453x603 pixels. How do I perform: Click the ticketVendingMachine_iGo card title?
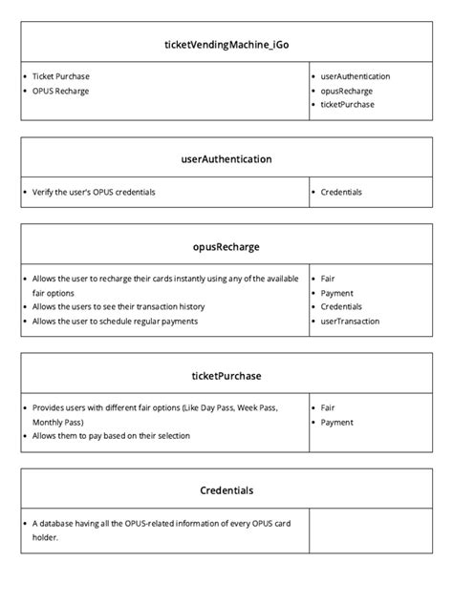[x=226, y=44]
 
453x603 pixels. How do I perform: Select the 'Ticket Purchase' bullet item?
[x=61, y=75]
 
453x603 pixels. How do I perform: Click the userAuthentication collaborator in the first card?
[x=355, y=75]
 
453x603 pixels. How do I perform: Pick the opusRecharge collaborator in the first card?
[x=347, y=90]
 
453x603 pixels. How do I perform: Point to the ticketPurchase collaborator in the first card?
[x=348, y=104]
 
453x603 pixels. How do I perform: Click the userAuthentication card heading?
[x=226, y=159]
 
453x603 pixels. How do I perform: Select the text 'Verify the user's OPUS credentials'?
[x=94, y=192]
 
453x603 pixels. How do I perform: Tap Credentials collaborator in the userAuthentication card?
[x=341, y=192]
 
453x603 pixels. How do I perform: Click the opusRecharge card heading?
[x=226, y=246]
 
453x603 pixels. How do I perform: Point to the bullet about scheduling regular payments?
[x=115, y=322]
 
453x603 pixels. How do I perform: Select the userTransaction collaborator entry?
[x=350, y=322]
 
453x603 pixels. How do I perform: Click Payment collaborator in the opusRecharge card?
[x=336, y=293]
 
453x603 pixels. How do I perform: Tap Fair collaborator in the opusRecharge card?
[x=328, y=279]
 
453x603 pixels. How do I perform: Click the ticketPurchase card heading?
[x=226, y=376]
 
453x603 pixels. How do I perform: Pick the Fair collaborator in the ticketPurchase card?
[x=328, y=407]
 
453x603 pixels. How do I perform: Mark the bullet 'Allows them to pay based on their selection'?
[x=111, y=436]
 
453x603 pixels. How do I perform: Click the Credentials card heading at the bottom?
[x=226, y=490]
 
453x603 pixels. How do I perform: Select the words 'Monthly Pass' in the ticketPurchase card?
[x=57, y=422]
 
